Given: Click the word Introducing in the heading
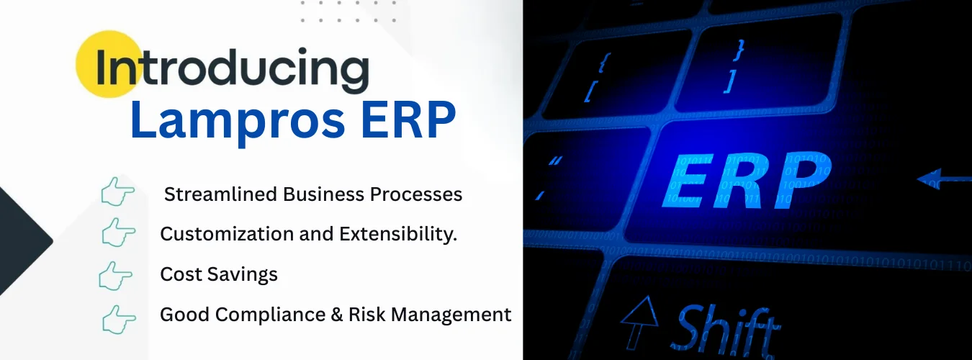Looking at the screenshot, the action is [232, 69].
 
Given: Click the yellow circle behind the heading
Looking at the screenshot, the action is [109, 64].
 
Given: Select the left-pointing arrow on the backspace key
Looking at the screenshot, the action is [944, 179].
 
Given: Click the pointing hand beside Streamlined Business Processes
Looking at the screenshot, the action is [117, 191].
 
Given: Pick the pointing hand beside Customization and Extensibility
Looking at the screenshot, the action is [118, 232].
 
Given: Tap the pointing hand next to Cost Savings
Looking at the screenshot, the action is [115, 276].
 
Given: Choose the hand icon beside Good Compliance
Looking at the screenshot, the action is [119, 320].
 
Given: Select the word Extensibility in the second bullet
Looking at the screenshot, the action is [398, 234].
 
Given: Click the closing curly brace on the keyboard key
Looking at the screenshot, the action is [739, 50].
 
